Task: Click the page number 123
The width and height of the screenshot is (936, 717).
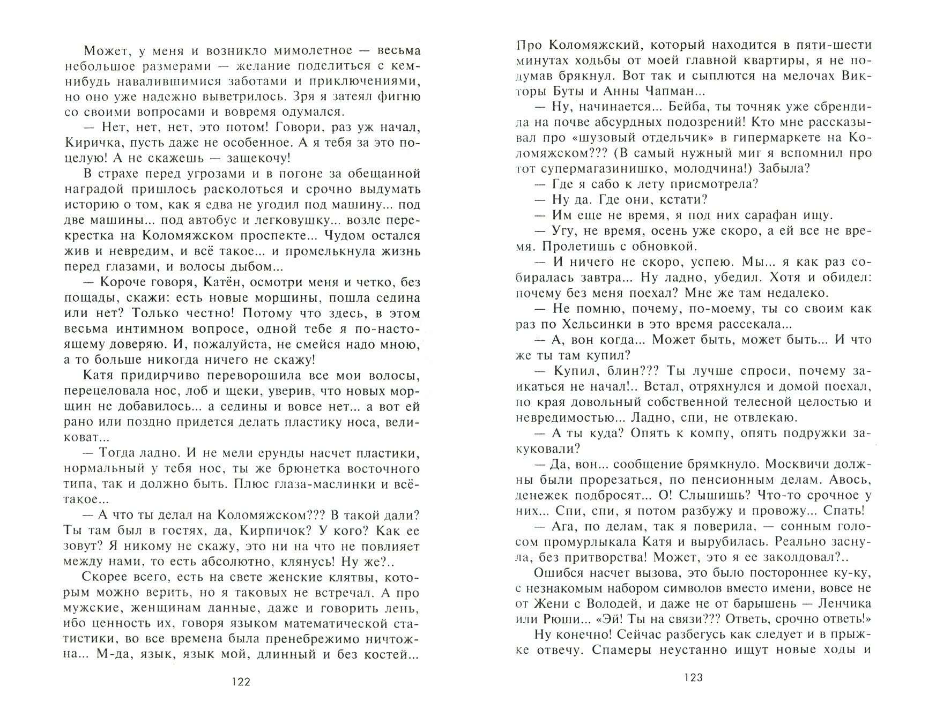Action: pos(693,678)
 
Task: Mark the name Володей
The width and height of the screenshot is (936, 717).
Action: pos(635,604)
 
